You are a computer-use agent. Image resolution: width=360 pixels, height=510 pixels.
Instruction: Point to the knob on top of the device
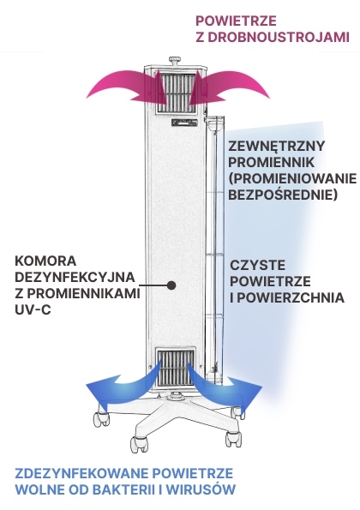click(x=176, y=61)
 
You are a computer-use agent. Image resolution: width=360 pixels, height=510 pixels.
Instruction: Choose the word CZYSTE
click(x=255, y=265)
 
